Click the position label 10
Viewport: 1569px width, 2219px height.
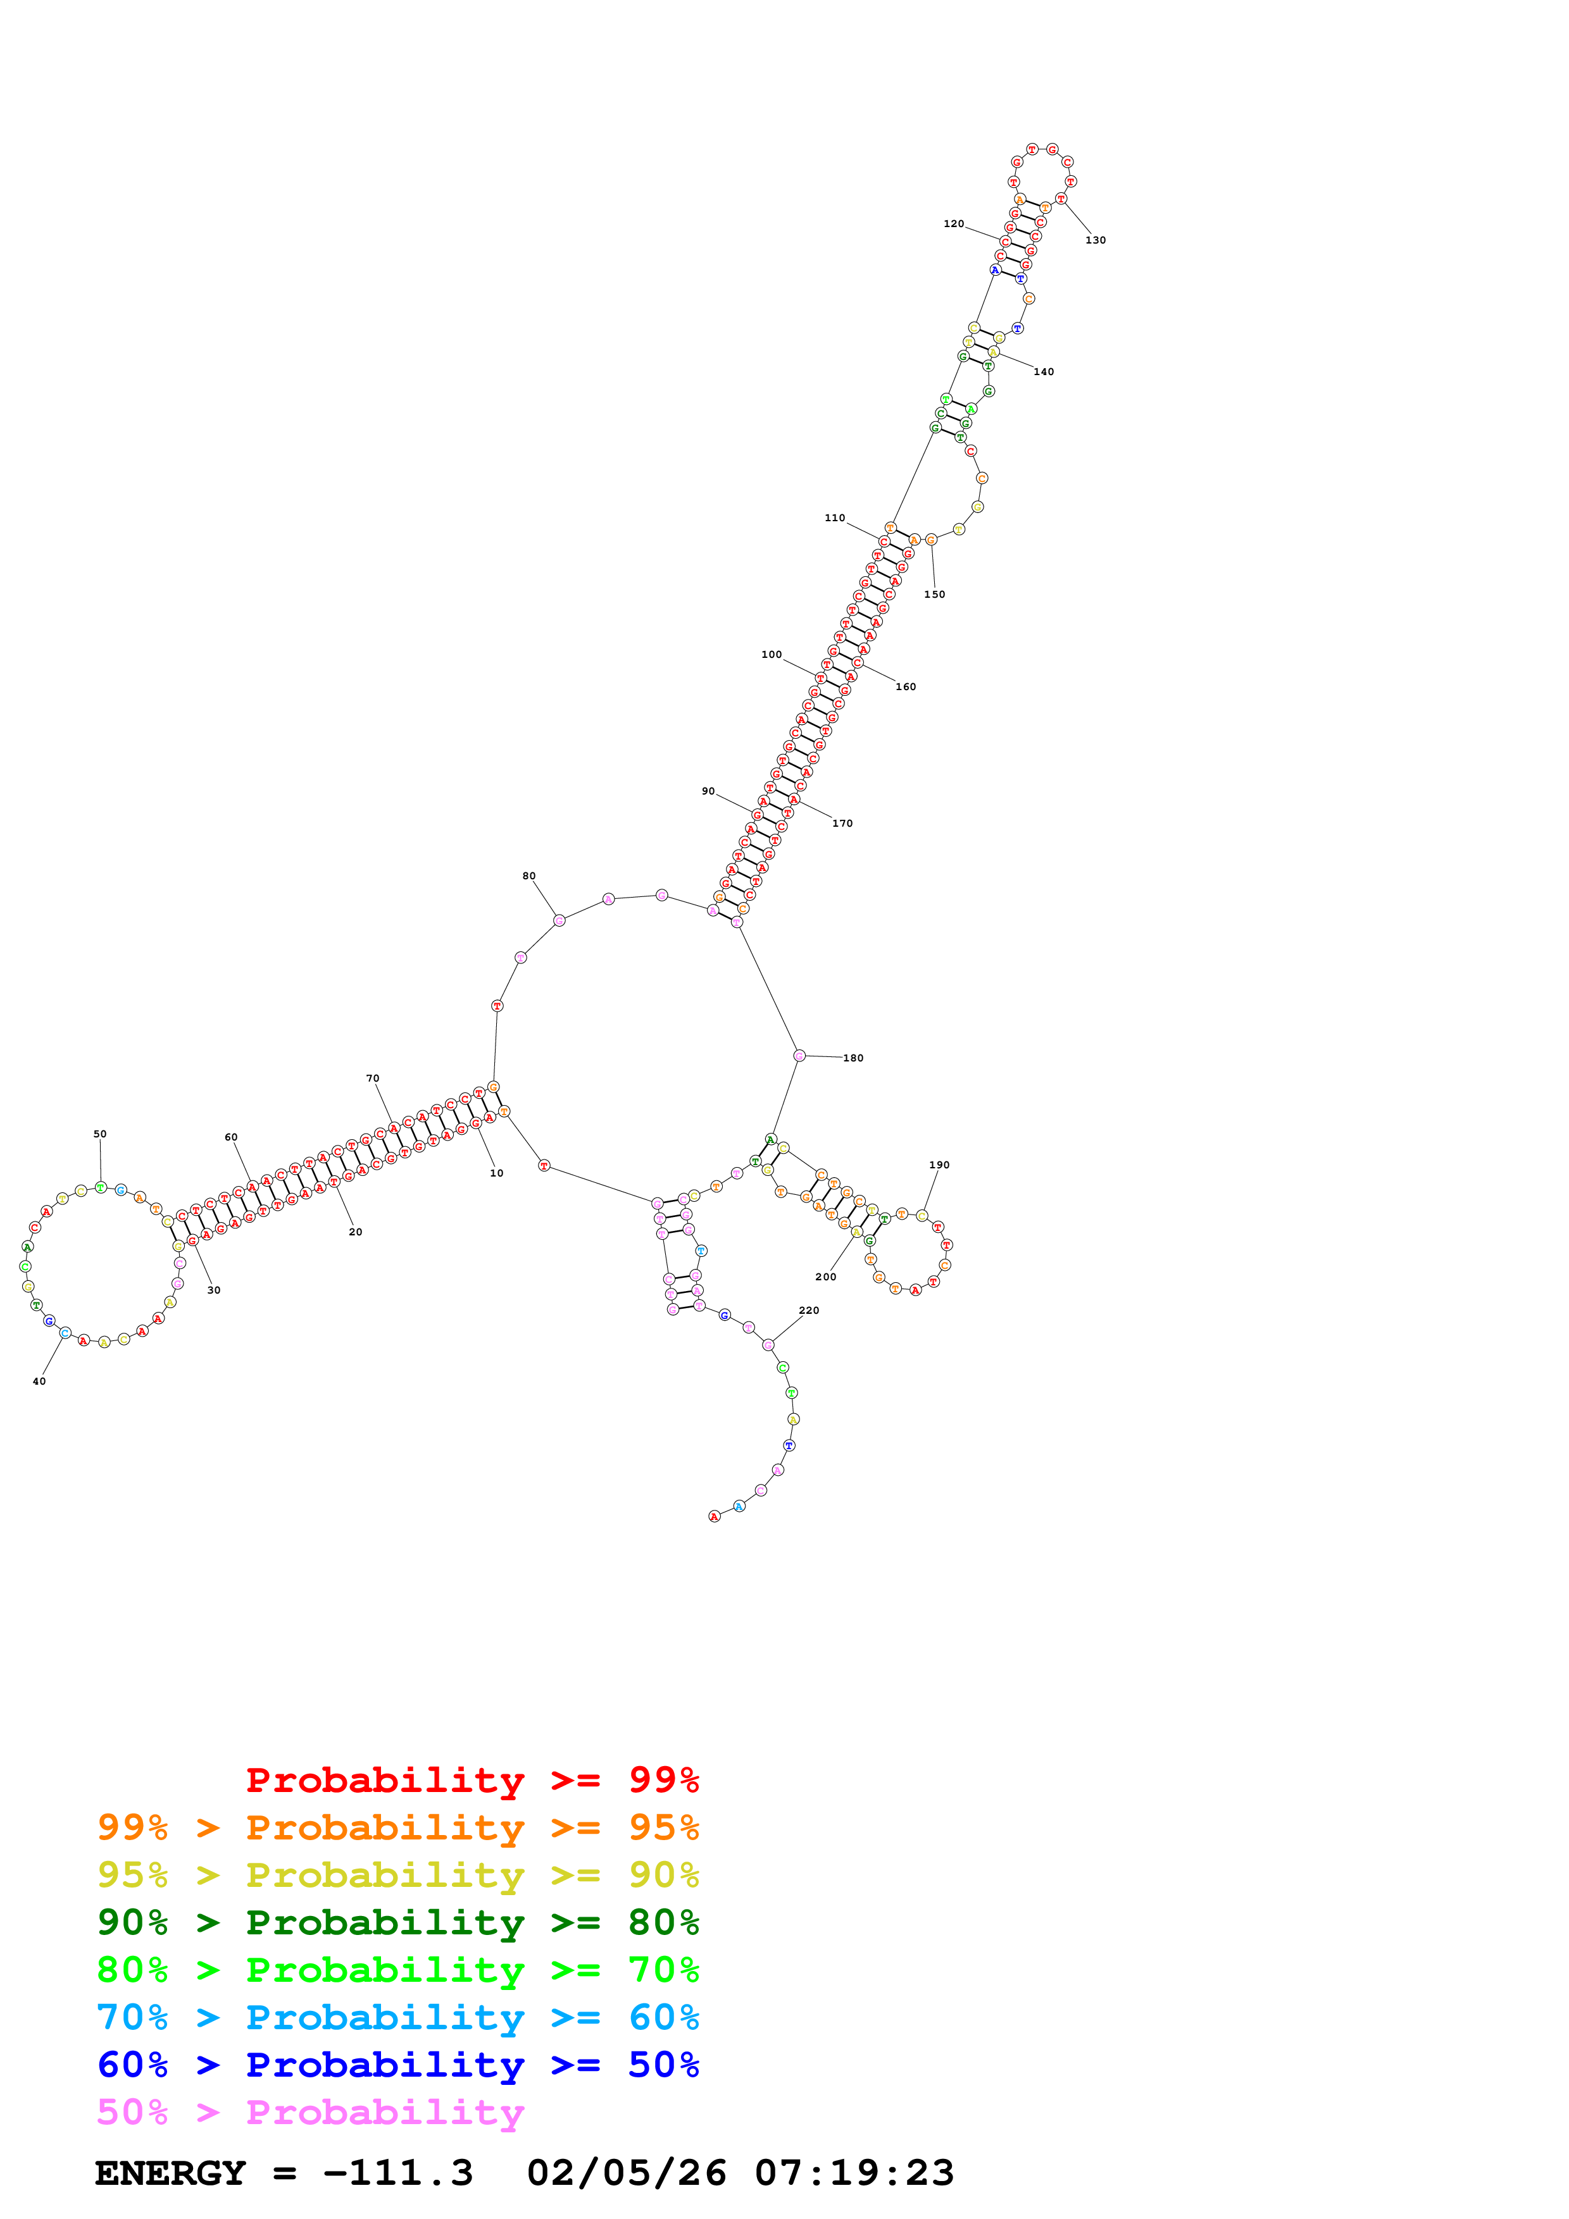coord(496,1173)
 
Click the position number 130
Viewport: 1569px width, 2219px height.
coord(1096,240)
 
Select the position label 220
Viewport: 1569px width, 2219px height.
coord(809,1311)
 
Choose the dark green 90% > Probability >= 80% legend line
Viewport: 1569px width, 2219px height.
coord(397,1922)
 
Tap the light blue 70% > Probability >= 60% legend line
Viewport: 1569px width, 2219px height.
coord(397,2017)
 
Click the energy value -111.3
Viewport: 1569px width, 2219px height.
coord(397,2173)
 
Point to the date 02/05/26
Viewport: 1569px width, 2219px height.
coord(627,2173)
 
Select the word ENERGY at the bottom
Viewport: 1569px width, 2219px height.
coord(170,2173)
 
